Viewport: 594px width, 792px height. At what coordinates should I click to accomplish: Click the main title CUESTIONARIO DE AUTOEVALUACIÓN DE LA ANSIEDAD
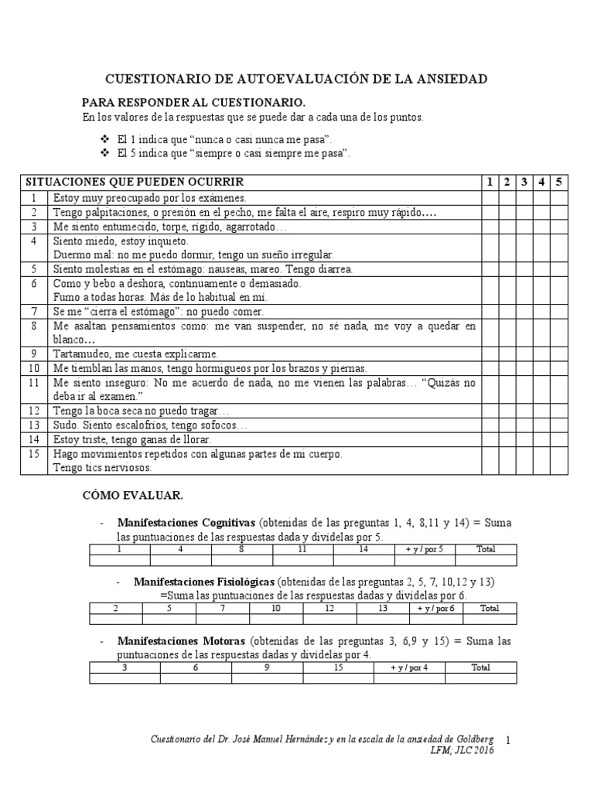[296, 79]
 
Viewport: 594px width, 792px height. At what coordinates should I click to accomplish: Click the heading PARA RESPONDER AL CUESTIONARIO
[194, 103]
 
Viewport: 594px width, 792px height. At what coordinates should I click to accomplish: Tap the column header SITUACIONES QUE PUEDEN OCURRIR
[135, 182]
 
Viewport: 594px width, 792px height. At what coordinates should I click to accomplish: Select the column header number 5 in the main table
[559, 182]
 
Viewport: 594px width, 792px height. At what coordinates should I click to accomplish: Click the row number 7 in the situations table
[34, 312]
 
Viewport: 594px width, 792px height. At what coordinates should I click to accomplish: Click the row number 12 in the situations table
[34, 411]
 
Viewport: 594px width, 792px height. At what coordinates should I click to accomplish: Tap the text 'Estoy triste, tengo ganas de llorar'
[132, 439]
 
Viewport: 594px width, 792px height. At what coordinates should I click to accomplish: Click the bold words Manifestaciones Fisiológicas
[204, 581]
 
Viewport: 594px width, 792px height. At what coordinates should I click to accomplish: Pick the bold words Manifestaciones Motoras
[181, 641]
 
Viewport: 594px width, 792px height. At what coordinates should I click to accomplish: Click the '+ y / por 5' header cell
[425, 549]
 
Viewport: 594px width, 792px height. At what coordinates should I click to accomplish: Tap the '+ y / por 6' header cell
[435, 608]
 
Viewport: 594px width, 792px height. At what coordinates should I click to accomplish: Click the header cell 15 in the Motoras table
[338, 667]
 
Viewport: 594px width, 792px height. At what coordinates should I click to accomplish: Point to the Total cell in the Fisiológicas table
[490, 608]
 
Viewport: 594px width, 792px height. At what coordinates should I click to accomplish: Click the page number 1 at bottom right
[509, 740]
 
